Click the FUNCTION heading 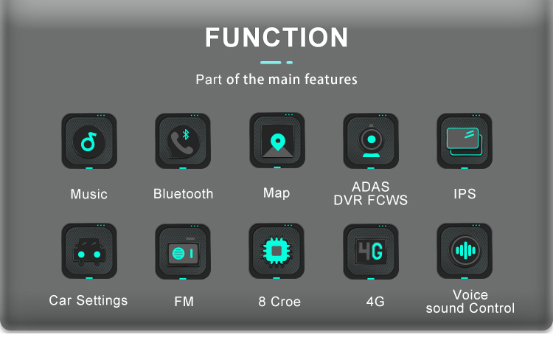click(276, 37)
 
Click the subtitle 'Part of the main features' click(276, 79)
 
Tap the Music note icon click(88, 141)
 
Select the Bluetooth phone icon click(183, 141)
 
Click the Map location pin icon click(276, 140)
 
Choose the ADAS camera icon click(371, 141)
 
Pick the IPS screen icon click(465, 141)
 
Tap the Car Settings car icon click(88, 252)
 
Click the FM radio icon click(183, 252)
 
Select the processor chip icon click(276, 251)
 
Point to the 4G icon click(371, 252)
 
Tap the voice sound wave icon click(465, 251)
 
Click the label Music click(88, 194)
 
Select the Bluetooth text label click(183, 194)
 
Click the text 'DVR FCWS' click(371, 200)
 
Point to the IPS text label click(465, 194)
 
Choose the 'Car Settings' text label click(88, 300)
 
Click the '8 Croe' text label click(279, 302)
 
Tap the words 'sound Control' click(470, 308)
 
